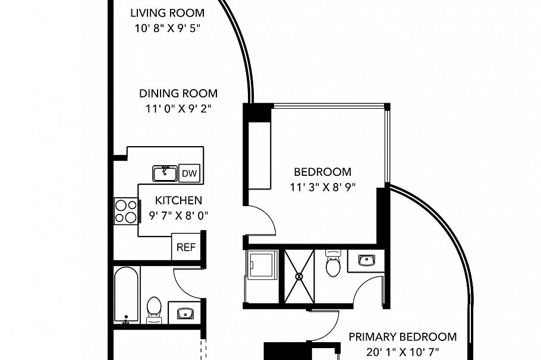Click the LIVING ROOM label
167,12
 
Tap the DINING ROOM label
178,93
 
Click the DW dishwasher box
189,173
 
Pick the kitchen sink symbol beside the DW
164,173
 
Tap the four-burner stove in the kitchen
126,211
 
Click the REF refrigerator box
185,248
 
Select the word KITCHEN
178,200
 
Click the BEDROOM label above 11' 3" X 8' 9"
323,172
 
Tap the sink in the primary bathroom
364,260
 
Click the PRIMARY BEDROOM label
402,337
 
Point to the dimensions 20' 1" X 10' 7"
402,351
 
